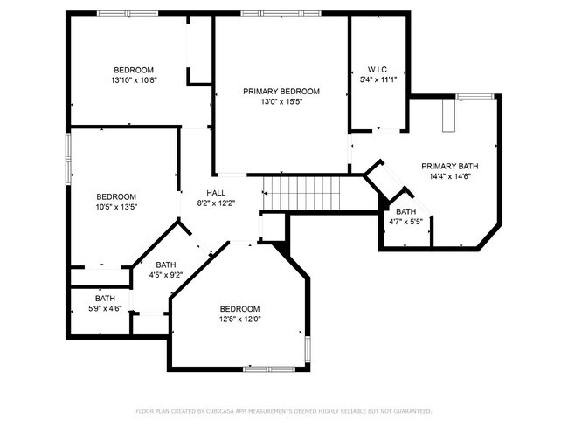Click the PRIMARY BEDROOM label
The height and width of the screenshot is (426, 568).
(281, 92)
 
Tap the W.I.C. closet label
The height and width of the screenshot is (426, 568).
(378, 69)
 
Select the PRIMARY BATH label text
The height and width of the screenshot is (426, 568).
(449, 166)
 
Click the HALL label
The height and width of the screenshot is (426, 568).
(217, 193)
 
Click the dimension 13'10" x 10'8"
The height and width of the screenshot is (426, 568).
(134, 80)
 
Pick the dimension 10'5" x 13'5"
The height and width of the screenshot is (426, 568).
(116, 207)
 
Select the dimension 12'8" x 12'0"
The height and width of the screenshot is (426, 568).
(239, 319)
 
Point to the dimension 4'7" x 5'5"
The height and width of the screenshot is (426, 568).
(405, 222)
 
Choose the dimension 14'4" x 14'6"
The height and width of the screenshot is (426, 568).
(449, 176)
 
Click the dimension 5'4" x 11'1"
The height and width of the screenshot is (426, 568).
(378, 79)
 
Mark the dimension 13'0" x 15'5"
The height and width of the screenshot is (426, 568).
(281, 102)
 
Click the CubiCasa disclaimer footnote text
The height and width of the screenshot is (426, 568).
(283, 410)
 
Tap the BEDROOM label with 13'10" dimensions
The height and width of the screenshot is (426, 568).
(134, 70)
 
